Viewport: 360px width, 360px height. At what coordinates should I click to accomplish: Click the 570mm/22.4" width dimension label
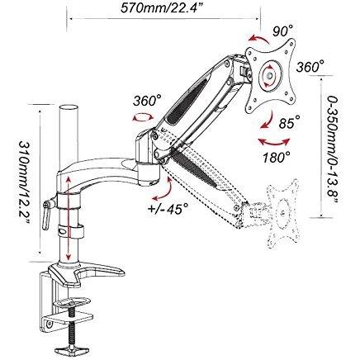162,8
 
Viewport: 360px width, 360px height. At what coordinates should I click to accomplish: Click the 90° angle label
282,31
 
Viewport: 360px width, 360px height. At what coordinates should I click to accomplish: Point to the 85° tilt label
289,123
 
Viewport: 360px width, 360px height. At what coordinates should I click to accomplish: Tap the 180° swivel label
277,158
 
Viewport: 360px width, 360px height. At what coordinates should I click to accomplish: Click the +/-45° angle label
168,208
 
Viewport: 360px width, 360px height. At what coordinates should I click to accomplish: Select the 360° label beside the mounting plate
310,66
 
